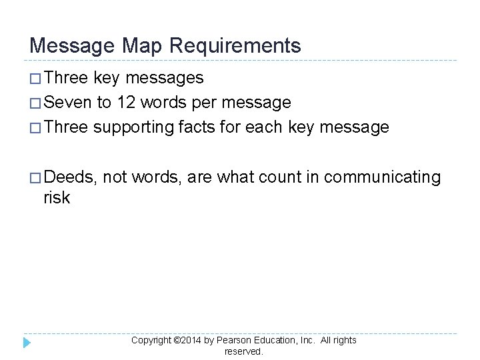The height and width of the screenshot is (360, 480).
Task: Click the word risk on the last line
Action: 57,198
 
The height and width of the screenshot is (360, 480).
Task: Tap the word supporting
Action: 133,127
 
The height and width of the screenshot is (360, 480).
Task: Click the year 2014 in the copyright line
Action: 190,340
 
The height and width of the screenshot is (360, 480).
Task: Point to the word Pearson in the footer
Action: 233,340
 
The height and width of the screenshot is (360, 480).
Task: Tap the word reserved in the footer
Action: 244,351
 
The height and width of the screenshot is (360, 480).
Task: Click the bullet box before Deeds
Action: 36,177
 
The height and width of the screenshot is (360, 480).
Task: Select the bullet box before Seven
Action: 36,103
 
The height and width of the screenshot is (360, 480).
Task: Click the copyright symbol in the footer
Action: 176,340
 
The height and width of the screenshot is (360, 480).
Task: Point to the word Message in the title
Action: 71,45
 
